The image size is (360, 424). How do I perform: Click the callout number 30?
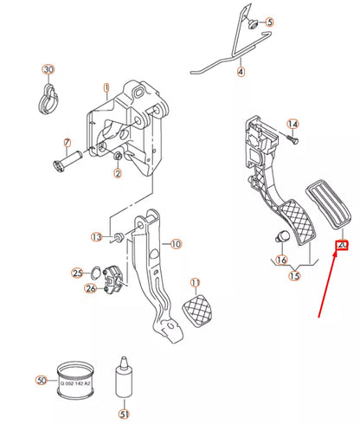[48, 69]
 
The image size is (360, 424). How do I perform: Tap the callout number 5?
[269, 22]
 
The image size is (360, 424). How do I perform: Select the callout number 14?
[292, 125]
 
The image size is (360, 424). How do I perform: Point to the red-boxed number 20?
[342, 245]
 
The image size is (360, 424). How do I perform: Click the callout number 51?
[124, 414]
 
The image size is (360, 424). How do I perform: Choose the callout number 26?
[91, 288]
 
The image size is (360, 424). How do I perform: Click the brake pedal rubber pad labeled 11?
[197, 311]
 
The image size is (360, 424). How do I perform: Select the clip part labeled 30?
[48, 100]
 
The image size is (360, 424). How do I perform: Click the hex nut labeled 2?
[118, 157]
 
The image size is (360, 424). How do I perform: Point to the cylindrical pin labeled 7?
[67, 161]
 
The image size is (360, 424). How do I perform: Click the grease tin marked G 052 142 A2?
[75, 381]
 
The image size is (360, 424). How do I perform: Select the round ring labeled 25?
[95, 273]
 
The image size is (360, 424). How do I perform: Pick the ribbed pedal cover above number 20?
[328, 204]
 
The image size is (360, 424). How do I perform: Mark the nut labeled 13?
[118, 237]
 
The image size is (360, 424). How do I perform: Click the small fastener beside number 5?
[254, 24]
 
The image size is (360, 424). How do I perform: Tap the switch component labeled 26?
[113, 279]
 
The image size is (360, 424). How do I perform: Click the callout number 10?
[176, 244]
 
